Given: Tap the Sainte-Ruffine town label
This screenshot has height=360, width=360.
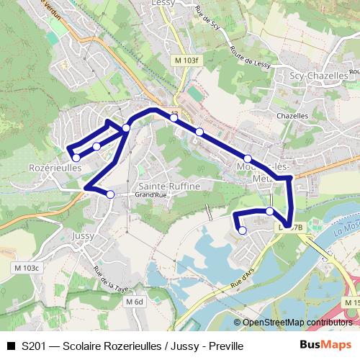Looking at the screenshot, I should tap(170, 186).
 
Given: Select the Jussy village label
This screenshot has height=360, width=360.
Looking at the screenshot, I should tap(84, 235).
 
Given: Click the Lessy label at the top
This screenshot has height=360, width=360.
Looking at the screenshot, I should tap(164, 4).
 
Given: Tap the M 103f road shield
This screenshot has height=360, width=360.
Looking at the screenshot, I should tap(185, 60).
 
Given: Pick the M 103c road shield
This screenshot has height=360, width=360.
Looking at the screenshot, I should tap(27, 268).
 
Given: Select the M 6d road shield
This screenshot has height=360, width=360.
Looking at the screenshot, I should tap(134, 302).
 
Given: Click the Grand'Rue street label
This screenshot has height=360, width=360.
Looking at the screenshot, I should tap(151, 195).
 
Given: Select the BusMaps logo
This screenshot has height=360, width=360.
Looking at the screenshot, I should tap(325, 346).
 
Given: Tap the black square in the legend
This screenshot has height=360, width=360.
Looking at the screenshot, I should tap(10, 346).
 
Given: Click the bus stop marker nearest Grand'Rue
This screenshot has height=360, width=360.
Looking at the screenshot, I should tap(110, 194).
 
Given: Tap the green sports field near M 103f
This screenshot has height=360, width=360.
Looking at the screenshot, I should tap(194, 95).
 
